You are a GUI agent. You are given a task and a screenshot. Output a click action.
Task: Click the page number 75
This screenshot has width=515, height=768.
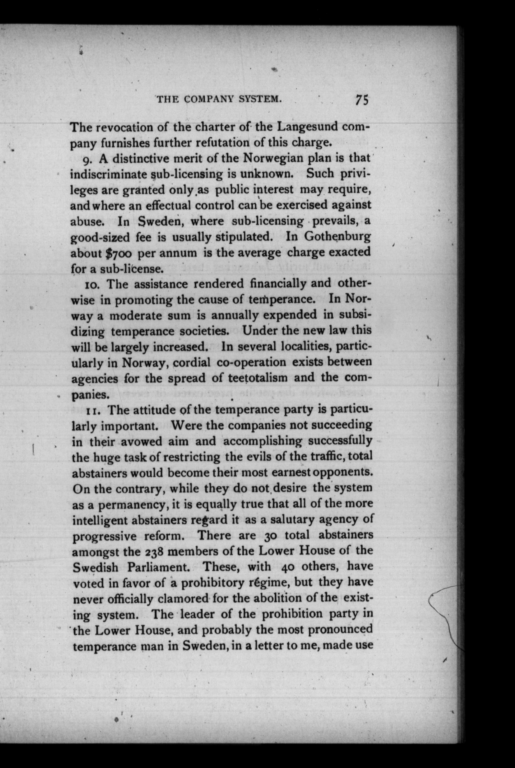(x=362, y=99)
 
